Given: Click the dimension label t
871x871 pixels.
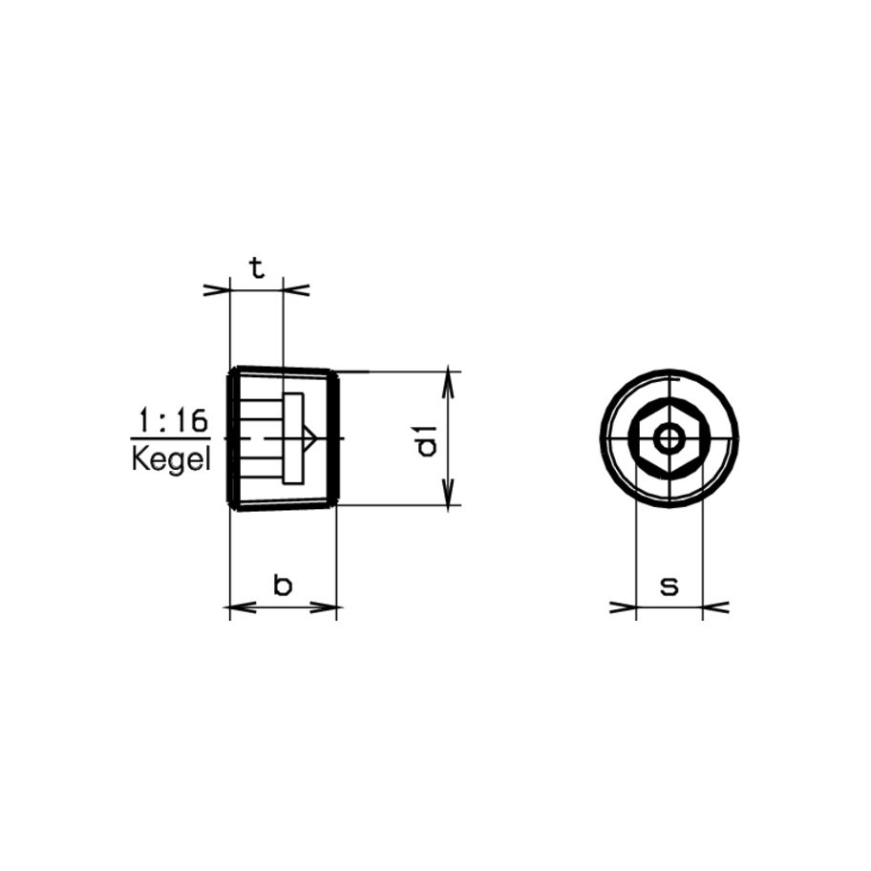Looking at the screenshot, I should [x=256, y=268].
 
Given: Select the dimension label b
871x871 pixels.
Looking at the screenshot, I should [x=283, y=584].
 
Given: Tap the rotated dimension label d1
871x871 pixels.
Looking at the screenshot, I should [x=427, y=438].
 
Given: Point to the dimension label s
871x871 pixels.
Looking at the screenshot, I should [x=669, y=585].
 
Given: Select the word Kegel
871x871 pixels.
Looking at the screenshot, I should [x=169, y=459].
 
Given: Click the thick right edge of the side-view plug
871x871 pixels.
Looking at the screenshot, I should [x=335, y=438].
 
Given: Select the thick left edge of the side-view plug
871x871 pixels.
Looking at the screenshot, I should [x=229, y=438].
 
